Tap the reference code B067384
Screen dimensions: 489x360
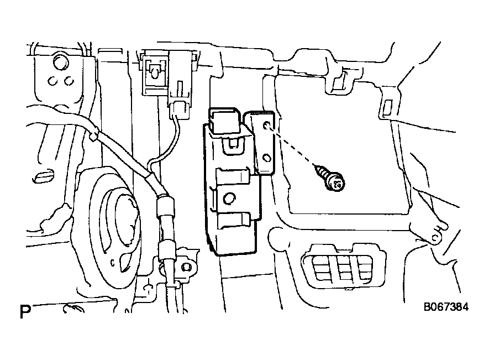[x=446, y=307]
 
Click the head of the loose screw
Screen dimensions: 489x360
[x=336, y=183]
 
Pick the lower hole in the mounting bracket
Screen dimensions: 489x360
[x=267, y=158]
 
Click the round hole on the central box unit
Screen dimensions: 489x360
[x=229, y=198]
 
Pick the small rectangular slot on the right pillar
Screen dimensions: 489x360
[x=388, y=107]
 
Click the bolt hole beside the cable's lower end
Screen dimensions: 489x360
[x=187, y=267]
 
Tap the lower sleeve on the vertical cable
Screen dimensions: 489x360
[x=165, y=251]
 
